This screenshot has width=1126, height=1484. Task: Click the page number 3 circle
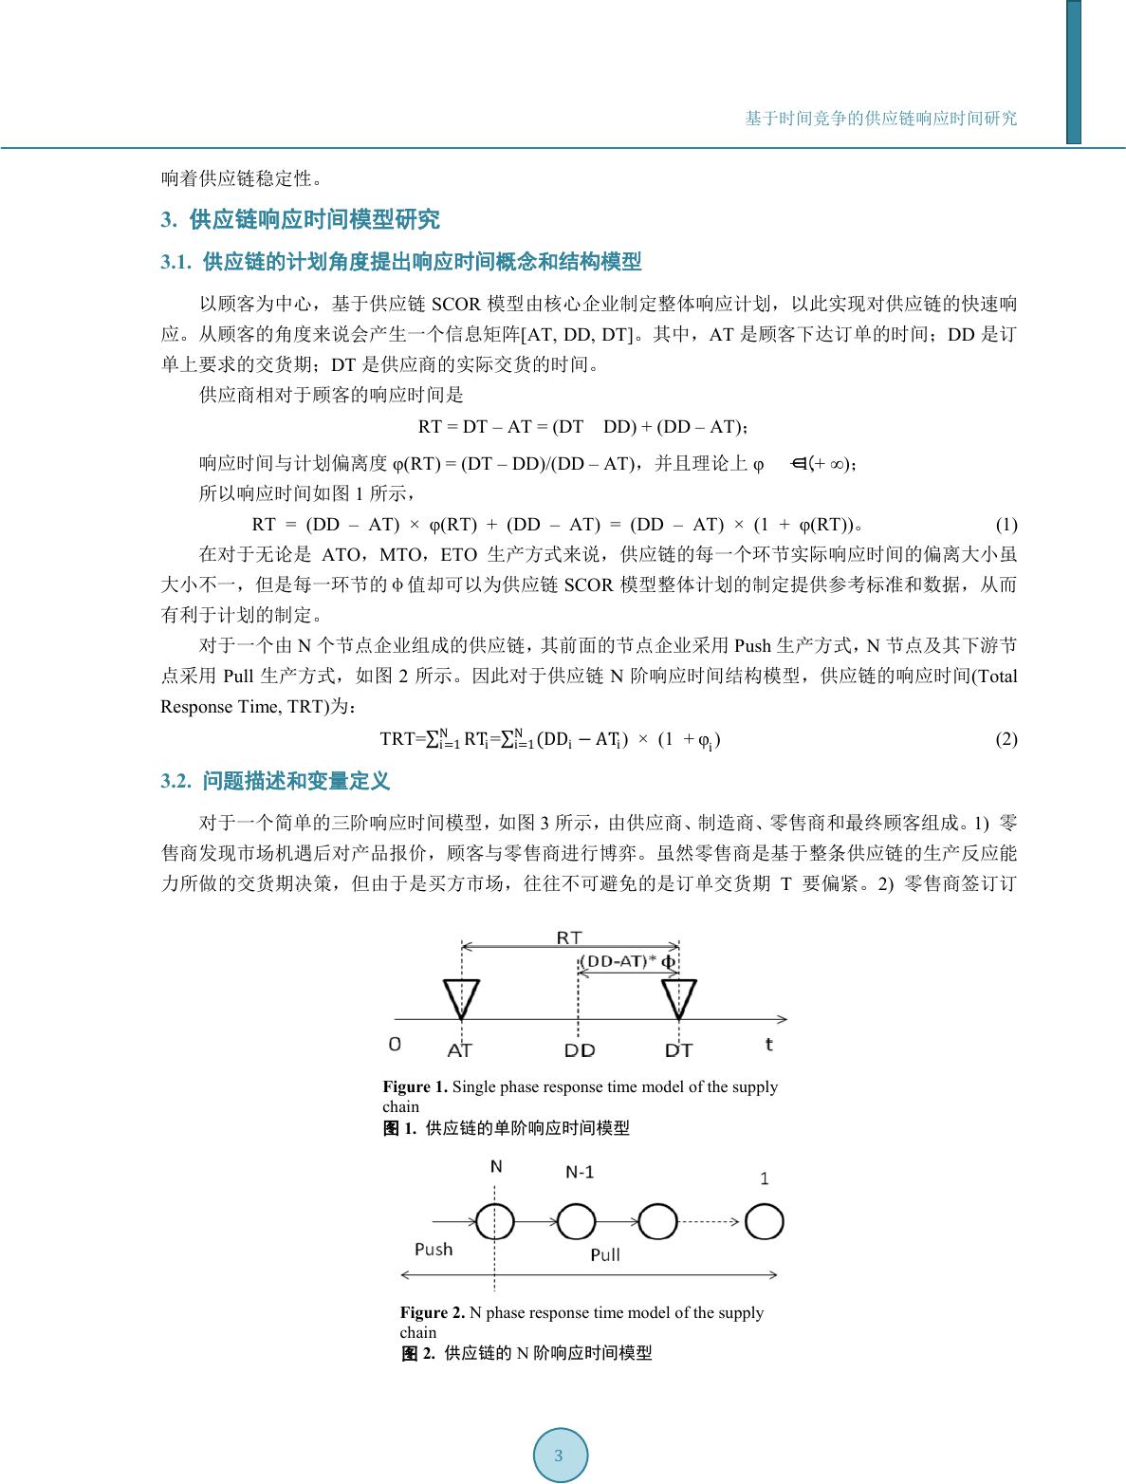(560, 1456)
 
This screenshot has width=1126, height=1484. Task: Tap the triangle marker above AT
(461, 997)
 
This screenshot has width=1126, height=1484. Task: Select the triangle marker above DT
(679, 997)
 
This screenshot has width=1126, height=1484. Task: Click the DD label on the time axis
(579, 1050)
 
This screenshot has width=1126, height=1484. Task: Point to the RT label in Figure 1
(569, 937)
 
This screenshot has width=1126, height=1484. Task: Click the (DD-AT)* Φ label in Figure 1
(628, 961)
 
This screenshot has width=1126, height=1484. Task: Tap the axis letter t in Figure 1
(768, 1044)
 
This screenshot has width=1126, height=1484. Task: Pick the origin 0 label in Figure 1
(395, 1044)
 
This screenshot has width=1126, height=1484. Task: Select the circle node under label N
(495, 1221)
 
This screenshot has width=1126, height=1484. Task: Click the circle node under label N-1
(576, 1221)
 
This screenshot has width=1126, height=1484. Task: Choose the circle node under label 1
(764, 1221)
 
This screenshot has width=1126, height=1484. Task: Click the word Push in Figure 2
(434, 1250)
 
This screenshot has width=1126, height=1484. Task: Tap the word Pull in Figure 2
(605, 1254)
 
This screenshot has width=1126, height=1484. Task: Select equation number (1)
(1006, 525)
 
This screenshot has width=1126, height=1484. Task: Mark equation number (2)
(1006, 739)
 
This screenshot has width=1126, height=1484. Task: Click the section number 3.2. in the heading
(176, 782)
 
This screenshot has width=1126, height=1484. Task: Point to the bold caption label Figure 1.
(415, 1087)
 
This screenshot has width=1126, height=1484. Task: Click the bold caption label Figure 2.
(433, 1313)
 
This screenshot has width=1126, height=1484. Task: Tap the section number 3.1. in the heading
(176, 263)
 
